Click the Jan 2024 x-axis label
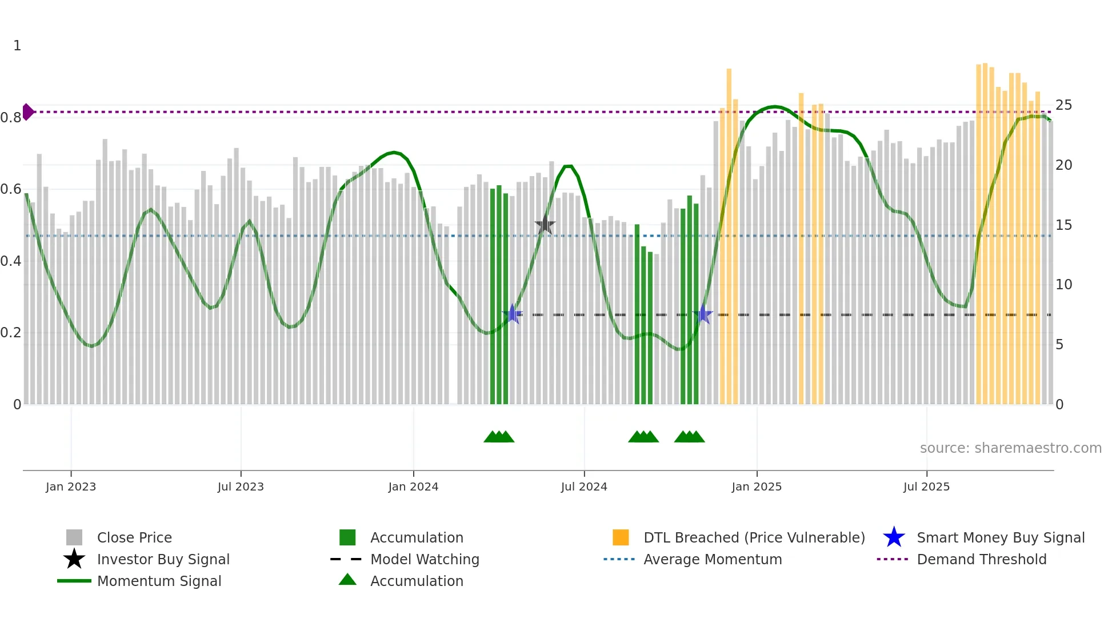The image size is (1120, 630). pyautogui.click(x=413, y=487)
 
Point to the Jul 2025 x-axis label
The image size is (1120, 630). pyautogui.click(x=926, y=487)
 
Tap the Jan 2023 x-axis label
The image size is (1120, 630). pyautogui.click(x=71, y=487)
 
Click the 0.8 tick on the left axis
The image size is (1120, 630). pyautogui.click(x=11, y=118)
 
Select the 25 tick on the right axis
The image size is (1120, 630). pyautogui.click(x=1063, y=105)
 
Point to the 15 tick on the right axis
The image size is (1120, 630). pyautogui.click(x=1063, y=225)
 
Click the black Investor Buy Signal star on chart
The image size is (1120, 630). pyautogui.click(x=545, y=225)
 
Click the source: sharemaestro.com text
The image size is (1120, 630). pyautogui.click(x=1010, y=448)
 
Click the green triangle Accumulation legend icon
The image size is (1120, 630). pyautogui.click(x=347, y=580)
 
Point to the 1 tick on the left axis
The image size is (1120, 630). pyautogui.click(x=17, y=46)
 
